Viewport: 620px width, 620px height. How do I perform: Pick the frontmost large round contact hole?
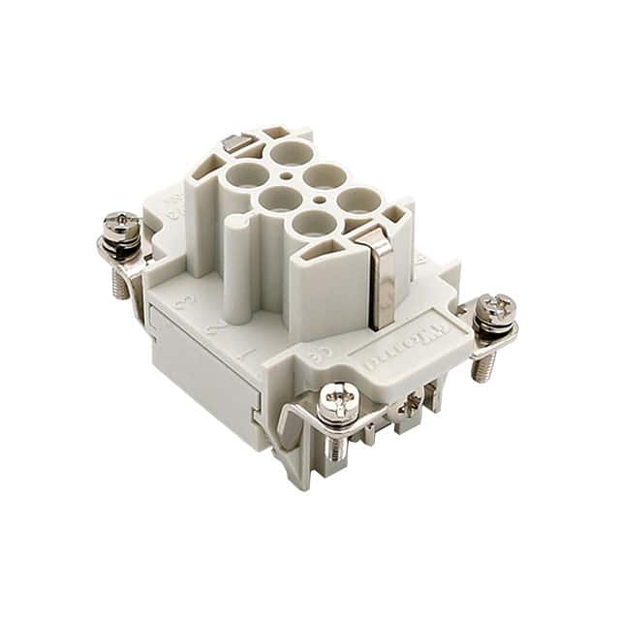312,224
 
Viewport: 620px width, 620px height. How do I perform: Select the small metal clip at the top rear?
232,143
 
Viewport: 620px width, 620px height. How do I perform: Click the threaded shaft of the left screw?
120,282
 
